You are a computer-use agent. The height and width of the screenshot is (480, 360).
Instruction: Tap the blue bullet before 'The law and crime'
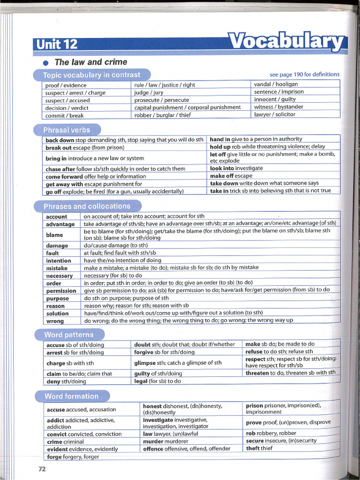(45, 63)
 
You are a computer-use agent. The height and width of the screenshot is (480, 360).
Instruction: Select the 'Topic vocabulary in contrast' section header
(91, 75)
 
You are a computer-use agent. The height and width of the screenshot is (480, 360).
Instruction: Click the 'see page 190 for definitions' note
(304, 75)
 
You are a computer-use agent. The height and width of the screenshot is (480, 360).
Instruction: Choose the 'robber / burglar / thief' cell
(162, 115)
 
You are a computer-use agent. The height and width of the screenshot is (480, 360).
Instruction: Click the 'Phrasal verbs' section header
(67, 130)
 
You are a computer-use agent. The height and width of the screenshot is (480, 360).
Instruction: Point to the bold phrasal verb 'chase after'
(60, 169)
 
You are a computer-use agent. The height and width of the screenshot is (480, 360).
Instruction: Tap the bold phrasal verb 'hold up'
(220, 147)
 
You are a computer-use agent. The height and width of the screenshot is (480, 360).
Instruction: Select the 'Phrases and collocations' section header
(87, 206)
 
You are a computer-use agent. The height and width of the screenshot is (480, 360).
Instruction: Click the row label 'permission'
(61, 291)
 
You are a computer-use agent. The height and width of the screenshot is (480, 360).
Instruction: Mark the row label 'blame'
(54, 235)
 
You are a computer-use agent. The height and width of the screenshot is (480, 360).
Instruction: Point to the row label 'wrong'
(55, 321)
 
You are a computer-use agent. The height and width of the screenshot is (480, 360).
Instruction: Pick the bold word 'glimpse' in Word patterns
(145, 363)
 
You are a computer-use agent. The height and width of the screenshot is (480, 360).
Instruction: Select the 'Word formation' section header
(71, 396)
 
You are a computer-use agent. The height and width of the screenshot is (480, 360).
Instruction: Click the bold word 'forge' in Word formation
(55, 457)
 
